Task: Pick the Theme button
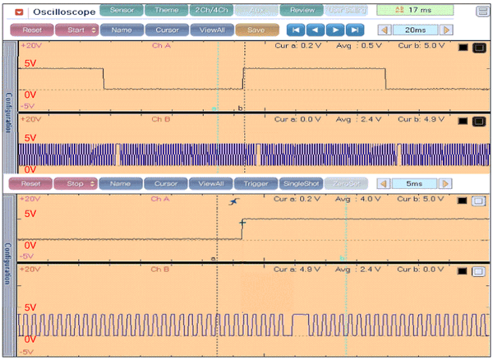pos(166,11)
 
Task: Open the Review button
pos(302,11)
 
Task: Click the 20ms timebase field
pos(420,30)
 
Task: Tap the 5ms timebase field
pos(420,183)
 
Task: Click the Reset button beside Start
pos(30,30)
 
